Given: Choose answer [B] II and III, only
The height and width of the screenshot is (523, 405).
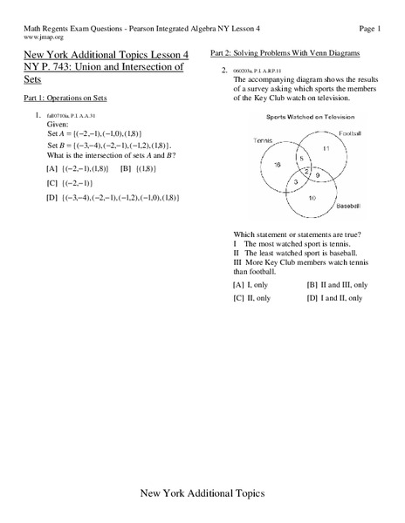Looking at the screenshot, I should [337, 284].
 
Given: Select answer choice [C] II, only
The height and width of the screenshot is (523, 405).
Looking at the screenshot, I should [252, 298].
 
